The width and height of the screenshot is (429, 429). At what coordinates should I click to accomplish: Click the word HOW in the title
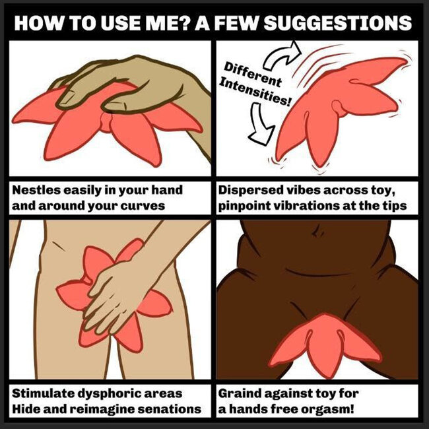coord(34,22)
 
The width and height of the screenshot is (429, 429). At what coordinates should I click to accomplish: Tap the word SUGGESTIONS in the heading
coord(338,22)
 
